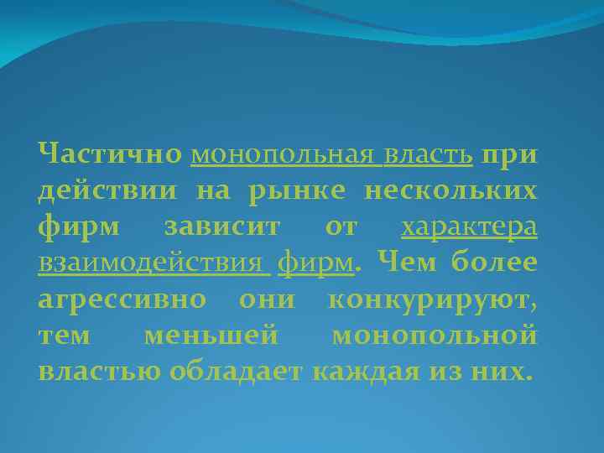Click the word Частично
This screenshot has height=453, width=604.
pyautogui.click(x=110, y=154)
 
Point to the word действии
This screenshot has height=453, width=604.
pyautogui.click(x=108, y=191)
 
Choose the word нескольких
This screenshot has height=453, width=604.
pyautogui.click(x=450, y=191)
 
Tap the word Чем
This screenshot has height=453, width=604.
pyautogui.click(x=407, y=263)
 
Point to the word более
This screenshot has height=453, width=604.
pyautogui.click(x=494, y=263)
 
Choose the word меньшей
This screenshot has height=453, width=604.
pyautogui.click(x=211, y=336)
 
